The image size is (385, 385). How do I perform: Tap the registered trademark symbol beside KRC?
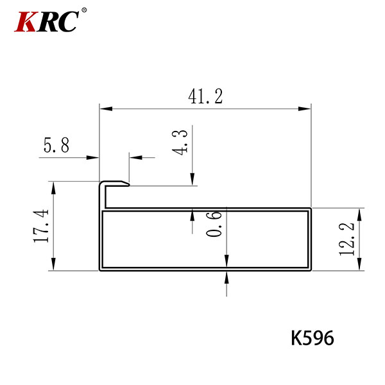pos(84,10)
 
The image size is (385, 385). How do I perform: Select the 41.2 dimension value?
pos(205,96)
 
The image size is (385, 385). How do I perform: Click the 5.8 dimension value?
pos(56,145)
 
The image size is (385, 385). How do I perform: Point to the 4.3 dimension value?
pos(180,142)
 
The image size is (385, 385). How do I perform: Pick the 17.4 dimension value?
pos(41,226)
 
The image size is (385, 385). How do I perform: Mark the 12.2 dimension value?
pos(346,239)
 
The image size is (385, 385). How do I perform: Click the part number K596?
pos(312,338)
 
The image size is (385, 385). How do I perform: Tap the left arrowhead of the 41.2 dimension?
pos(106,108)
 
